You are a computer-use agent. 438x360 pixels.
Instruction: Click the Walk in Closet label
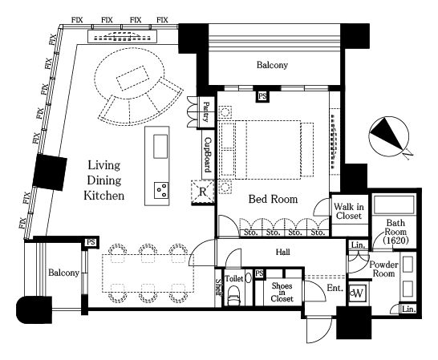coord(349,211)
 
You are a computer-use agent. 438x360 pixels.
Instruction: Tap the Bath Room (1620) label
coord(395,232)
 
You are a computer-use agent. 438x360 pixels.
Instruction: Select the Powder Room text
coord(383,269)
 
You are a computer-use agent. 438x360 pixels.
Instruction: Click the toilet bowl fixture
coord(233,296)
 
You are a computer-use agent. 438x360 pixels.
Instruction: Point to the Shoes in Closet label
coord(282,292)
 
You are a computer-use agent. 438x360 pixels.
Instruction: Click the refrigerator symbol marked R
coord(203,192)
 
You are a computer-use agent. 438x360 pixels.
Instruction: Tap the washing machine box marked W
coord(358,293)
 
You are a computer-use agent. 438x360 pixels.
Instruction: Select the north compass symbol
coord(389,136)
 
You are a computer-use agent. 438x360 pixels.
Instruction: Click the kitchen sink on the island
coord(160,147)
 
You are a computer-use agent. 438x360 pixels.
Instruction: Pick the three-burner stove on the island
coord(161,190)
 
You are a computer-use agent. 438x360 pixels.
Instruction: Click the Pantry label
coord(206,112)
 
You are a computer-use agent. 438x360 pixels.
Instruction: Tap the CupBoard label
coord(207,155)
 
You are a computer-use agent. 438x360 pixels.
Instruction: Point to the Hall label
coord(282,253)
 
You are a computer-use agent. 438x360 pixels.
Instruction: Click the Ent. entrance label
coord(335,288)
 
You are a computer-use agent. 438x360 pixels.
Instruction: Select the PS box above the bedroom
coord(262,96)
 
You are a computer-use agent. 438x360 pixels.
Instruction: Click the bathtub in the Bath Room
coord(393,204)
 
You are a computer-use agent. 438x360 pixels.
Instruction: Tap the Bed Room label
coord(274,199)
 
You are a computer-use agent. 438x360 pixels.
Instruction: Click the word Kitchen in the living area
coord(104,196)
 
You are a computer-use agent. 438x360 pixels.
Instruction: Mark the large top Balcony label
coord(272,65)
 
